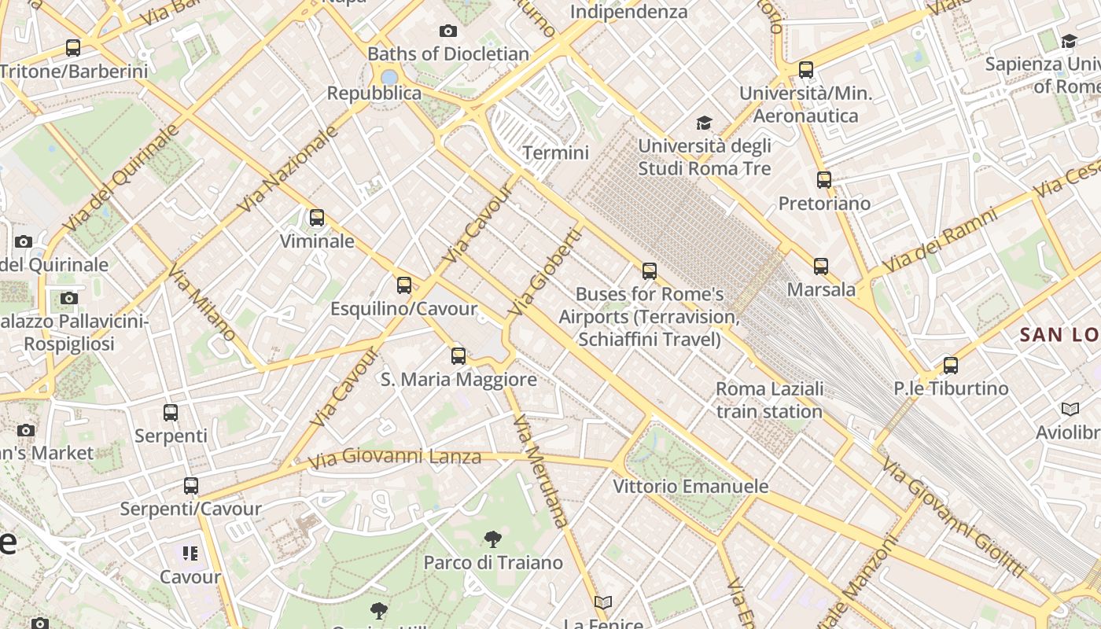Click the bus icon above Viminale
pyautogui.click(x=317, y=218)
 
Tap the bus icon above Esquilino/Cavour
pyautogui.click(x=404, y=285)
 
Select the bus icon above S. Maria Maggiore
pyautogui.click(x=458, y=356)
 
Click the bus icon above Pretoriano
pyautogui.click(x=823, y=180)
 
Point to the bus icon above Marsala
pyautogui.click(x=821, y=267)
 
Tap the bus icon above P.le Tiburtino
pyautogui.click(x=951, y=366)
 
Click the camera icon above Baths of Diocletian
pyautogui.click(x=448, y=31)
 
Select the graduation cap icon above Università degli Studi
pyautogui.click(x=704, y=123)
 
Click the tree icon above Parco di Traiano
pyautogui.click(x=493, y=539)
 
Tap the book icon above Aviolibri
pyautogui.click(x=1070, y=410)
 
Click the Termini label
pyautogui.click(x=555, y=153)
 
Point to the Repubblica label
pyautogui.click(x=374, y=93)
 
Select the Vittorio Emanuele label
pyautogui.click(x=690, y=487)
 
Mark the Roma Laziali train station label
pyautogui.click(x=769, y=400)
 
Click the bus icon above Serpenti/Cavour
pyautogui.click(x=191, y=486)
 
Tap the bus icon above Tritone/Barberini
pyautogui.click(x=73, y=48)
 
